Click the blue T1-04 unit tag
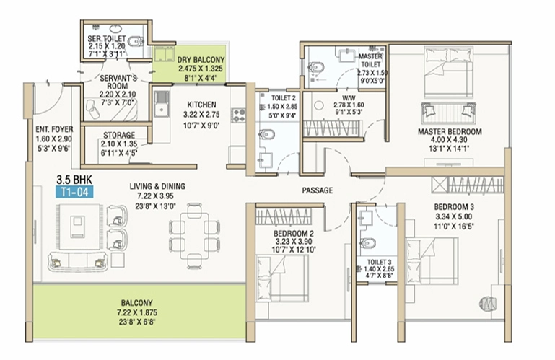[74, 192]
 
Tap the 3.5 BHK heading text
[74, 179]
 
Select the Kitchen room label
[201, 105]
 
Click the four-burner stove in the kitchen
[239, 115]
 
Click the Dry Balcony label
[201, 60]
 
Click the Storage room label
[119, 135]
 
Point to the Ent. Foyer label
[54, 130]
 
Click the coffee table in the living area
[77, 227]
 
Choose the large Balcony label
[136, 303]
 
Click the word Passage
[317, 190]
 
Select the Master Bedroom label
[450, 132]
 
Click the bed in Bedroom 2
[281, 278]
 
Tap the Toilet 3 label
[379, 262]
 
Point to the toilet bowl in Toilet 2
[267, 135]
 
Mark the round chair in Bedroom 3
[487, 303]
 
